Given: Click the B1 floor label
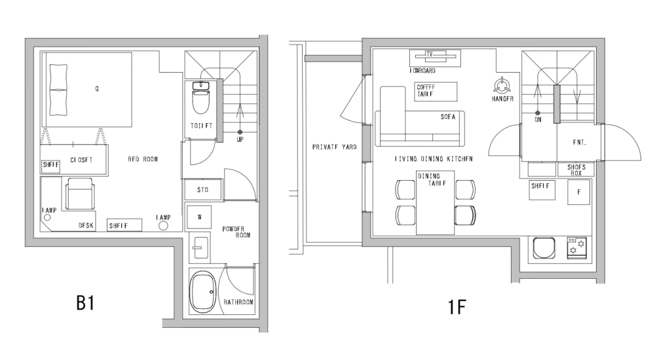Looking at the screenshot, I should click(86, 304).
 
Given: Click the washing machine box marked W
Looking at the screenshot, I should click(199, 217).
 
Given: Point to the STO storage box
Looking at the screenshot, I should click(203, 190).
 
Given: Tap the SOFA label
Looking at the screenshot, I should click(449, 117).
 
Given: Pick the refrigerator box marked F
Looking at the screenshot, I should click(579, 192).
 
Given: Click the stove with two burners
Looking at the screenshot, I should click(577, 247).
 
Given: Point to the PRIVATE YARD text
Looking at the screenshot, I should click(334, 147).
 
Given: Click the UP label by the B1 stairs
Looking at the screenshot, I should click(240, 139).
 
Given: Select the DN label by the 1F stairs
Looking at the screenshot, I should click(538, 120).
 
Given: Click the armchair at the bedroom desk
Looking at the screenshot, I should click(81, 194).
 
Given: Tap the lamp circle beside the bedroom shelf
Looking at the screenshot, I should click(162, 226).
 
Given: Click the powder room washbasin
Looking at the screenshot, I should click(199, 249).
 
